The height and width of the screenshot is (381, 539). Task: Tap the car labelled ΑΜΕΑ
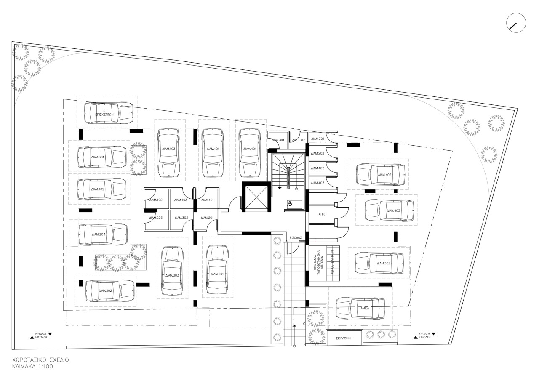click(361, 308)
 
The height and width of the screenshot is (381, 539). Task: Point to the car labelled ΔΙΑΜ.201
click(218, 271)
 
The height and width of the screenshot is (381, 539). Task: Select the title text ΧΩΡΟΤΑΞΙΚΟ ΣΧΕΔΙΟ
click(40, 361)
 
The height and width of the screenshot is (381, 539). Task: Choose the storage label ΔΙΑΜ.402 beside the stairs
click(318, 168)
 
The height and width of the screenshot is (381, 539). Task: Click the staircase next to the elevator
click(287, 171)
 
